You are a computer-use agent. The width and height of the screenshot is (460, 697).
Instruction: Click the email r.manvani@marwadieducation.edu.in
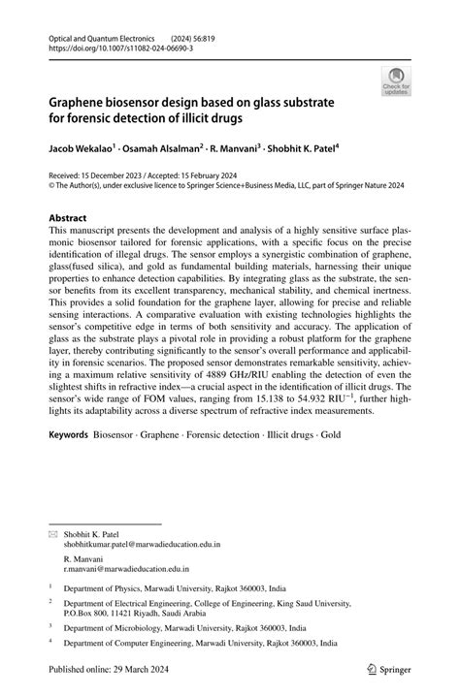click(x=126, y=571)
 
